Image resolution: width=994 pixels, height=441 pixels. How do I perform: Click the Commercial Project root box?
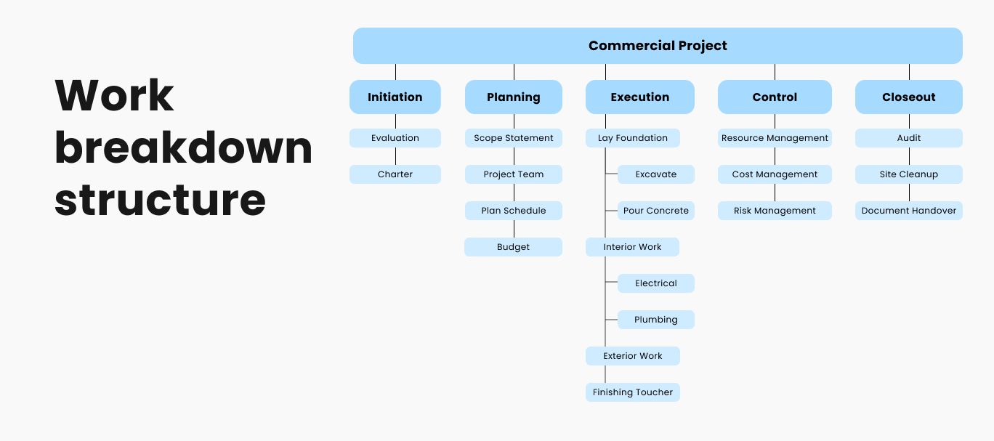[658, 46]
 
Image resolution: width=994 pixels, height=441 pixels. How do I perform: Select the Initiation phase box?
[395, 97]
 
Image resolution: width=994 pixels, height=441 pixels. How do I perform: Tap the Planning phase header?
[514, 97]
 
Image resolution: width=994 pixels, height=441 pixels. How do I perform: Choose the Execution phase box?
[640, 97]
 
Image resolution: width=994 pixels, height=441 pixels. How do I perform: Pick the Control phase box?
[775, 97]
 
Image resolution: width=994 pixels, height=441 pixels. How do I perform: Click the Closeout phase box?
[909, 97]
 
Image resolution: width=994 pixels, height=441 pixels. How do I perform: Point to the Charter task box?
[395, 174]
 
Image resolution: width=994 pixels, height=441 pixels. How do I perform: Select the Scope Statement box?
[514, 138]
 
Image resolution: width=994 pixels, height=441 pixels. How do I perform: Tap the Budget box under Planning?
[514, 247]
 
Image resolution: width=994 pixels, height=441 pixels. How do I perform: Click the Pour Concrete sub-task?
[656, 211]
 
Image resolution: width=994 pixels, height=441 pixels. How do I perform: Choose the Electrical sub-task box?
[656, 283]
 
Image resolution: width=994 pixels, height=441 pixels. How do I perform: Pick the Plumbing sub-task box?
[656, 320]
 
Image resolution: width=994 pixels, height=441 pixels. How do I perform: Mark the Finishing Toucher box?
[633, 392]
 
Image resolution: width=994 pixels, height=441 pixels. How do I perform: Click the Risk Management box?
[775, 211]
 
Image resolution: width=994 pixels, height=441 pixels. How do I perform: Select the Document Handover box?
[909, 211]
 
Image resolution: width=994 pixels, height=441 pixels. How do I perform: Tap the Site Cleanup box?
[909, 174]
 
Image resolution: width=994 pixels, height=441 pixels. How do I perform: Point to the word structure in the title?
[160, 201]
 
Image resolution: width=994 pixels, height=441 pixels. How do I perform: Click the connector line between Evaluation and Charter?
[395, 156]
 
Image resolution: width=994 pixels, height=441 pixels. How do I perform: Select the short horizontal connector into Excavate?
[612, 174]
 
